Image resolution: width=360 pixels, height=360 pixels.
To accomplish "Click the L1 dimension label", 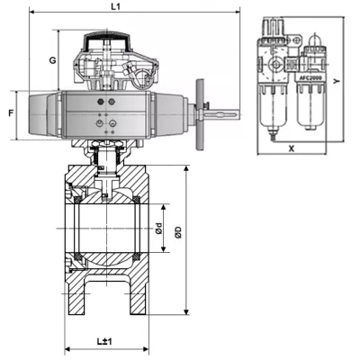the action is click(115, 6).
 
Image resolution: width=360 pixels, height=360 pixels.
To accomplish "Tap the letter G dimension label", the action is click(53, 60).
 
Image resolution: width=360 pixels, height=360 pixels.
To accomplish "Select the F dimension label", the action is click(11, 113).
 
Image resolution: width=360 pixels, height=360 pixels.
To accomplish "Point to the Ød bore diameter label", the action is click(159, 229).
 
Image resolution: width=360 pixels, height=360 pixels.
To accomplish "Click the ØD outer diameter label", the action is click(178, 232).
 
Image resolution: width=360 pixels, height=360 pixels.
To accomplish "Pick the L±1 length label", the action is click(104, 341).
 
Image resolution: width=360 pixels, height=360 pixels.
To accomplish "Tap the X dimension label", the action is click(292, 148).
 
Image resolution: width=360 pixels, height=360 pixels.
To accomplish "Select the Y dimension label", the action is click(337, 81).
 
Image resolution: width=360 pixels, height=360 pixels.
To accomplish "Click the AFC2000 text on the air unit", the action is click(310, 78).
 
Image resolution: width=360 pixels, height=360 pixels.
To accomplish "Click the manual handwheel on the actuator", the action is click(200, 114).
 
